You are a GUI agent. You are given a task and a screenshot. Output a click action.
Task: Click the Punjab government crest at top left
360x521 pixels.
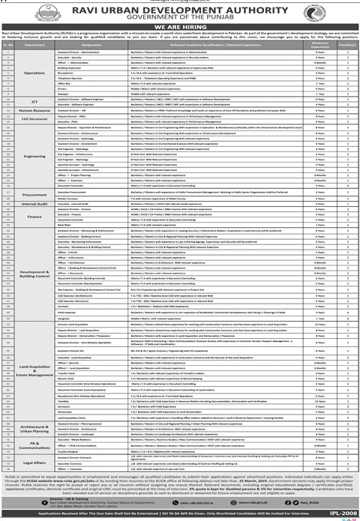click(16, 16)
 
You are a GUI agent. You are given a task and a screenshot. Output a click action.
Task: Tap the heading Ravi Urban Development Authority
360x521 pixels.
click(179, 10)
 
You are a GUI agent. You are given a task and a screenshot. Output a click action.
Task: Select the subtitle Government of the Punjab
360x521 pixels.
click(179, 21)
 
